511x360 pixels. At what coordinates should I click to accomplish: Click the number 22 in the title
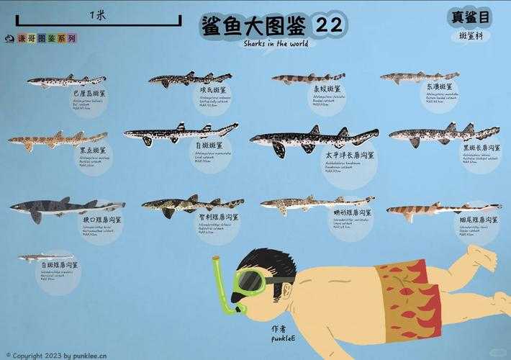(x=328, y=24)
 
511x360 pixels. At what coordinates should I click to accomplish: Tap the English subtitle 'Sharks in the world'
(x=276, y=43)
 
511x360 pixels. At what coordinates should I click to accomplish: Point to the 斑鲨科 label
(x=473, y=36)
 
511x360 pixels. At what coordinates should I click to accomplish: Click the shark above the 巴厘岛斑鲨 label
(x=66, y=81)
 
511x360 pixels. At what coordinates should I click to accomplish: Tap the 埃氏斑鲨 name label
(x=214, y=91)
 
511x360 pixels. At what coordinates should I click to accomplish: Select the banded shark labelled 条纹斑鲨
(x=307, y=78)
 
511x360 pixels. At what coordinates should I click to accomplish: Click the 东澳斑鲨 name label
(x=440, y=87)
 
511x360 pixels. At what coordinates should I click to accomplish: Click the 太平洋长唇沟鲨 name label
(x=349, y=154)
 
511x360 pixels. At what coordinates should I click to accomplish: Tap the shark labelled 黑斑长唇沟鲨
(x=444, y=134)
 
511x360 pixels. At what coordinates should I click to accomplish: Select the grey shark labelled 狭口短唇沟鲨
(x=66, y=208)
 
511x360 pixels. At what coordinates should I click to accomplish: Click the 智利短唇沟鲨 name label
(x=220, y=217)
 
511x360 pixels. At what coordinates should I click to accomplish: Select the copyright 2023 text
(x=55, y=355)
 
